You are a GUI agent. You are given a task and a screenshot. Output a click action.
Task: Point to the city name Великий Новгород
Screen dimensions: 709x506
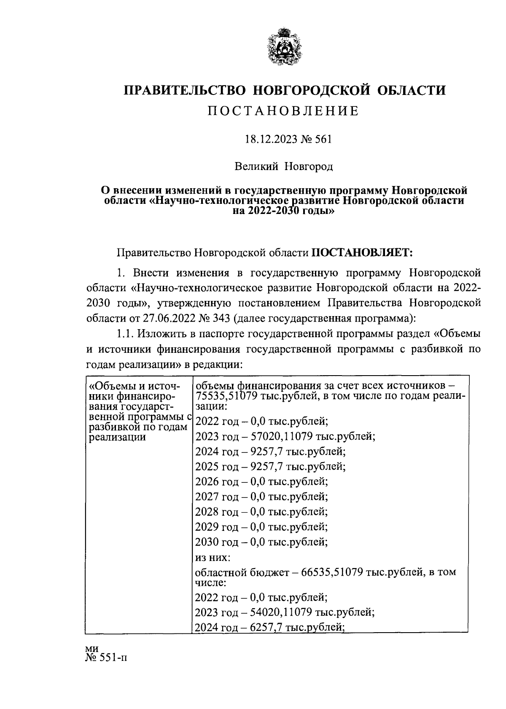tap(284, 167)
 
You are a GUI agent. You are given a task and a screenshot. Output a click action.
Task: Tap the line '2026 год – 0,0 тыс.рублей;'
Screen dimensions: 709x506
tap(261, 482)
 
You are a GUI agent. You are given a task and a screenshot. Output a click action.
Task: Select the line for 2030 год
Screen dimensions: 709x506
tap(261, 542)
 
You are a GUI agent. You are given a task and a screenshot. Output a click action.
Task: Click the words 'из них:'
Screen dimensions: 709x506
tap(213, 557)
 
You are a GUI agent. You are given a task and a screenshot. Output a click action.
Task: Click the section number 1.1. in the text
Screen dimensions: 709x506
tap(125, 334)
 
